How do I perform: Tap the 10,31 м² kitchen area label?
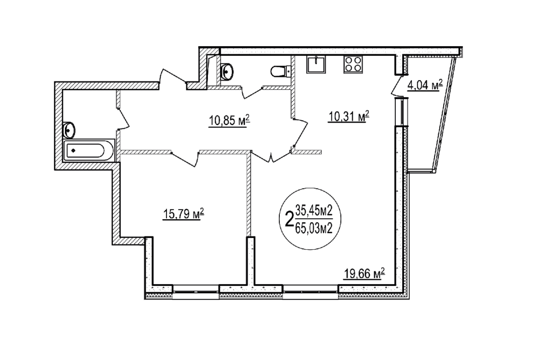(349, 116)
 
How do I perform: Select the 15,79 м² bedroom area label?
(184, 213)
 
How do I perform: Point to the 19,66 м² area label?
(364, 273)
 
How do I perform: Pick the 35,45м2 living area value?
(314, 211)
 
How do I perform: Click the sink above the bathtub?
(69, 130)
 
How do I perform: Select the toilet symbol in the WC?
(281, 71)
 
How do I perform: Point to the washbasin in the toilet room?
(227, 71)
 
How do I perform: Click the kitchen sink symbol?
(317, 64)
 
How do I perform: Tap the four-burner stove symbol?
(353, 64)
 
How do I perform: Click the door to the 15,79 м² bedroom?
(185, 159)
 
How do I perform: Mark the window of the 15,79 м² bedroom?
(196, 292)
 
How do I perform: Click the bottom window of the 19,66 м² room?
(310, 292)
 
